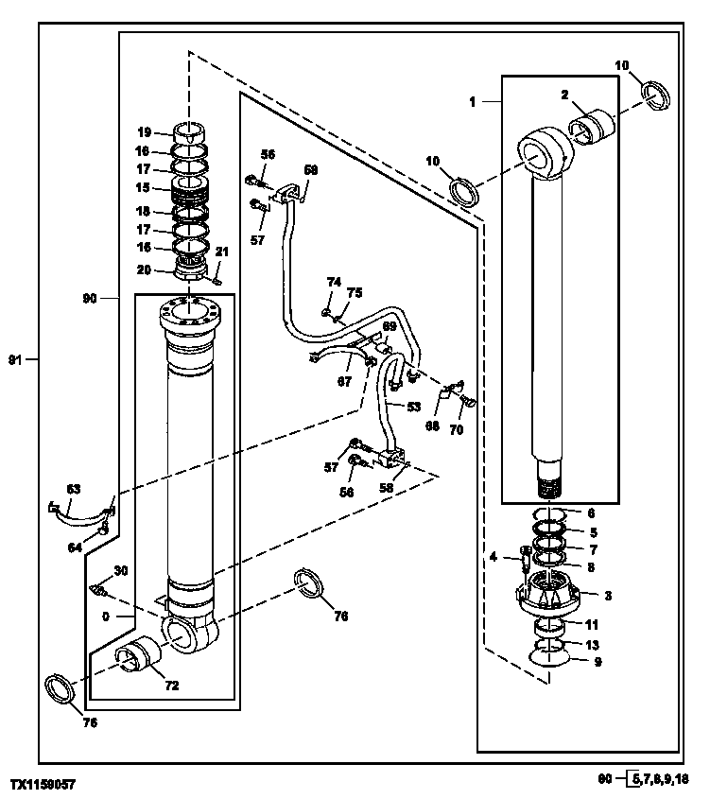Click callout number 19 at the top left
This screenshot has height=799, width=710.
143,132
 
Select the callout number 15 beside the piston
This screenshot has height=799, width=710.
143,188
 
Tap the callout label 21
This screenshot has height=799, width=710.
223,251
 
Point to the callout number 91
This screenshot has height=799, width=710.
14,359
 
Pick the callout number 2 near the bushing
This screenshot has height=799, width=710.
563,95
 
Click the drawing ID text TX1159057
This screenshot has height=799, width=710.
43,785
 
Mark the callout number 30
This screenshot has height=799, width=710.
120,570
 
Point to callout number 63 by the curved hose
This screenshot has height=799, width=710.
74,489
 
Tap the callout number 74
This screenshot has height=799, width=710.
333,282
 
